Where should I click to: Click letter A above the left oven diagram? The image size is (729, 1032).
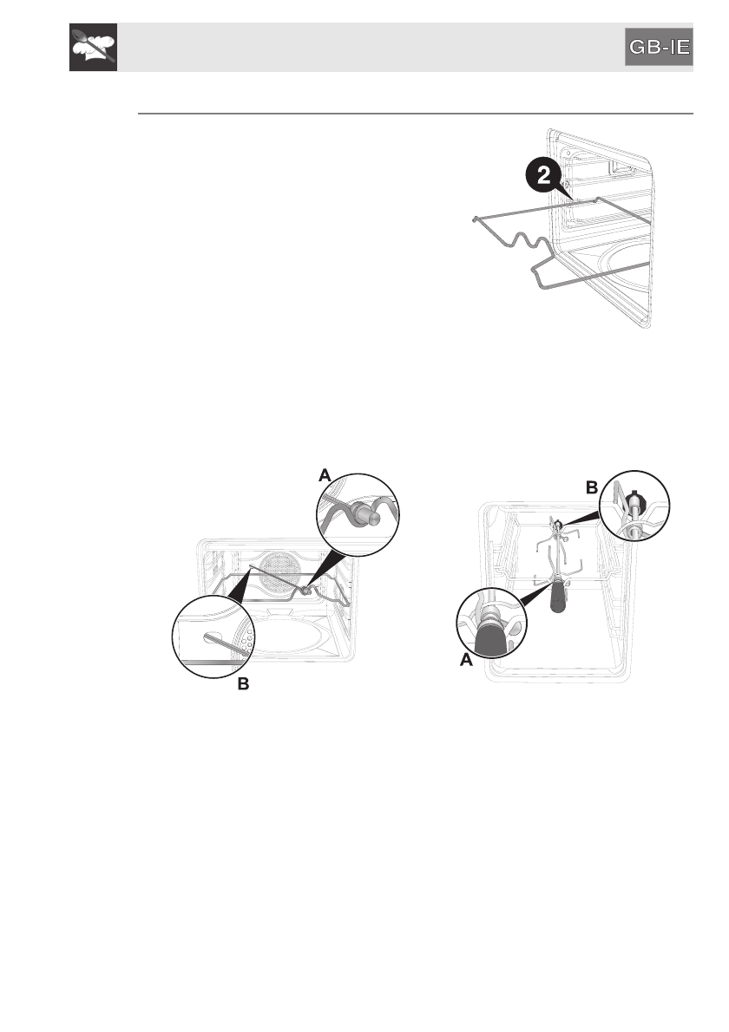click(x=325, y=474)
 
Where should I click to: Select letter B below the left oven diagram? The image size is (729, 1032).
click(x=244, y=684)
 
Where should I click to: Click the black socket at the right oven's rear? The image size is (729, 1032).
click(x=557, y=523)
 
